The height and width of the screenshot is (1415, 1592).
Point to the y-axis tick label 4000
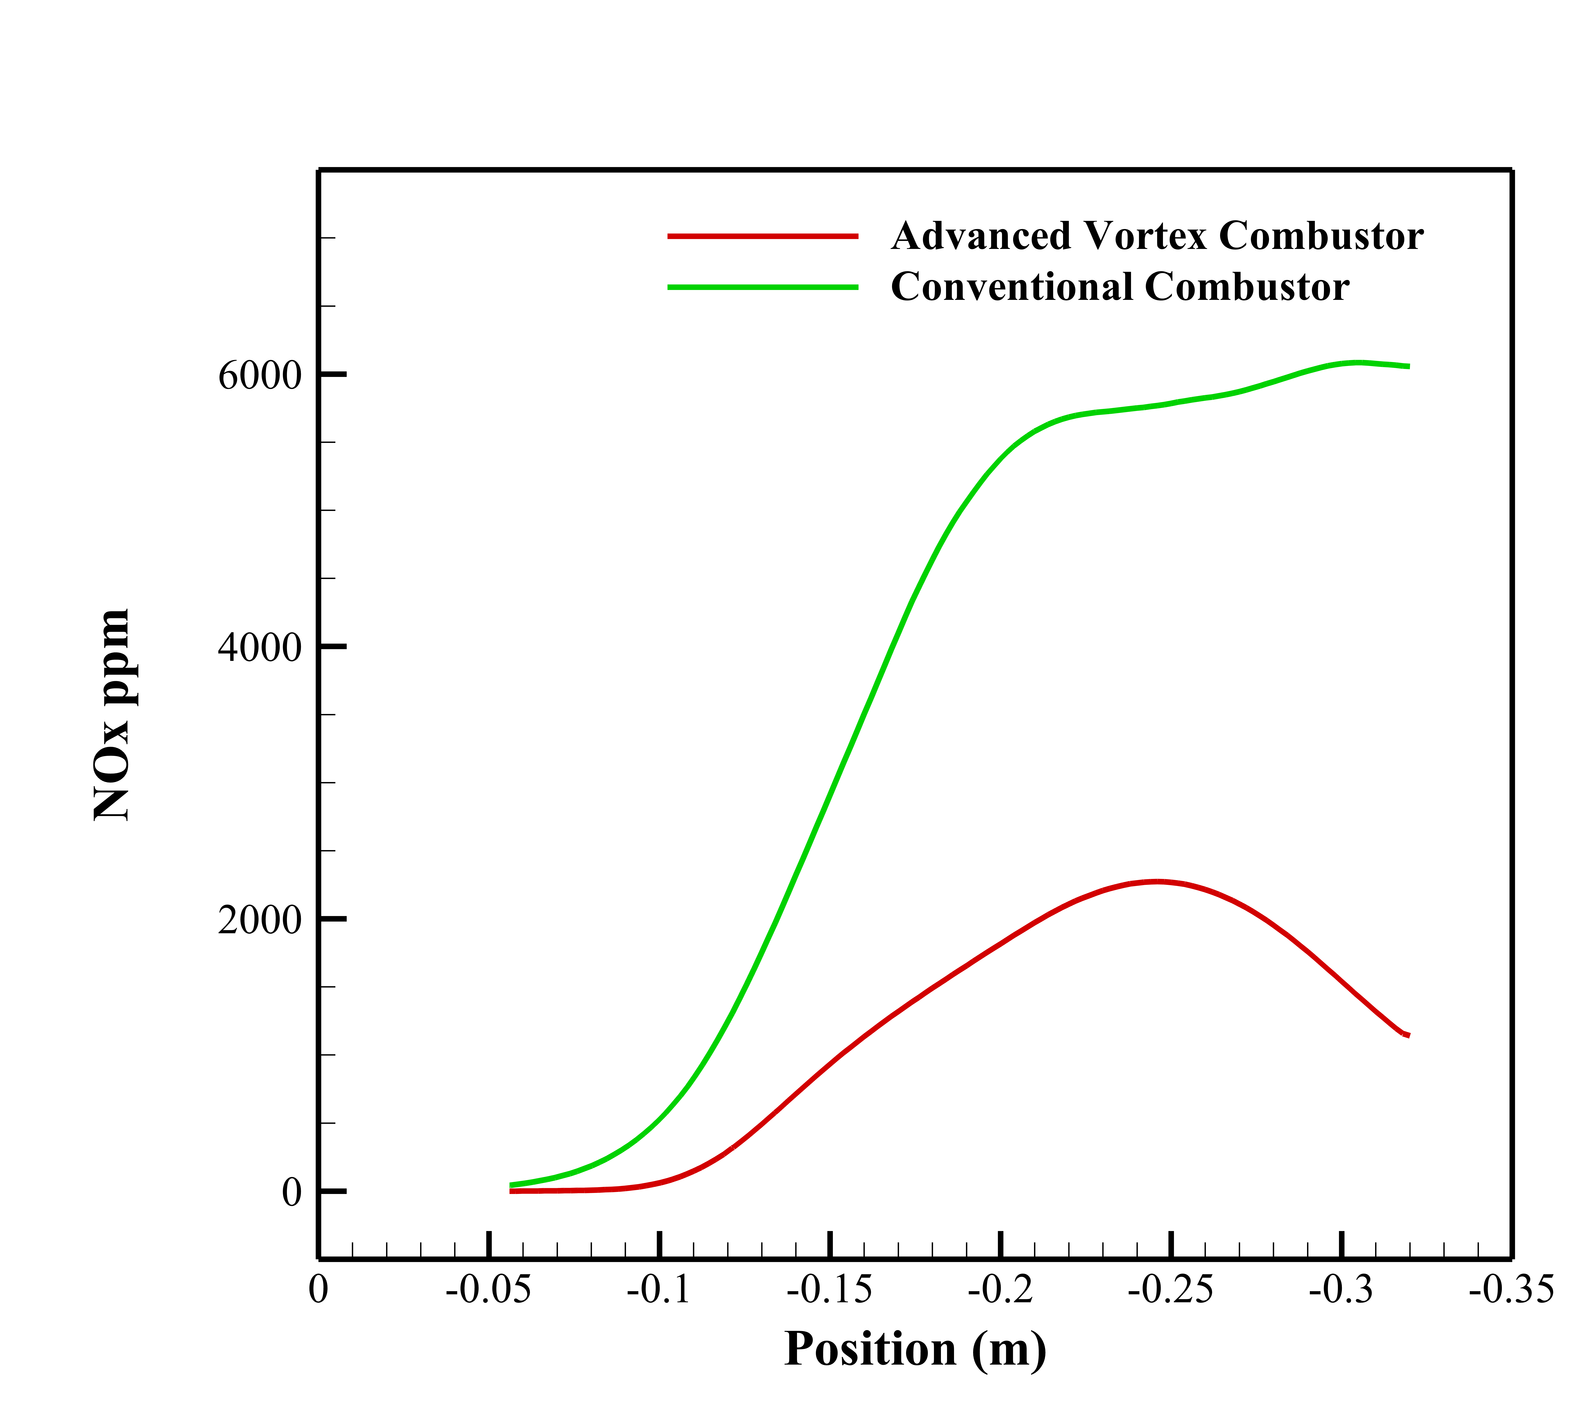click(259, 648)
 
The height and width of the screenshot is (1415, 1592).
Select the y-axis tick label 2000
click(259, 921)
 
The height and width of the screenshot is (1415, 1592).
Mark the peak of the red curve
click(1157, 882)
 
